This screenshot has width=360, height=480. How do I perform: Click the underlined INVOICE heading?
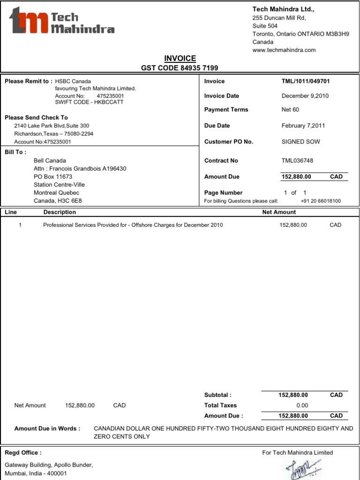[x=180, y=58]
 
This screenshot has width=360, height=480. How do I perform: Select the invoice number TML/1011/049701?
[x=306, y=81]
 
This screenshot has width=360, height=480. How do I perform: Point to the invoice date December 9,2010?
[x=305, y=96]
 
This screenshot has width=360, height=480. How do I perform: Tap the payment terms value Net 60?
[x=290, y=110]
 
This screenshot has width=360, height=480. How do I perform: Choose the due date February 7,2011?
[x=303, y=126]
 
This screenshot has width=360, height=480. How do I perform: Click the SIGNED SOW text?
[x=300, y=142]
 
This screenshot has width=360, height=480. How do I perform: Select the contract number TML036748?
[x=297, y=160]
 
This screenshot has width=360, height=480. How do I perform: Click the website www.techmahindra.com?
[x=284, y=50]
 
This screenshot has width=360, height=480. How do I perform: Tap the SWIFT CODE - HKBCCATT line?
[x=89, y=102]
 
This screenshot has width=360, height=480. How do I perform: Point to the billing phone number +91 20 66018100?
[x=321, y=201]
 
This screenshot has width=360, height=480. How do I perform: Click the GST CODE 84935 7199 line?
[x=180, y=68]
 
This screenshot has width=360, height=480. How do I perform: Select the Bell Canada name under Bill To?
[x=50, y=160]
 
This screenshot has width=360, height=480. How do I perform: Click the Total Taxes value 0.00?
[x=302, y=405]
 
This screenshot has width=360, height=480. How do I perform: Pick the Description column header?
[x=60, y=212]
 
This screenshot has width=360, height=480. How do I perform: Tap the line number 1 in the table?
[x=20, y=225]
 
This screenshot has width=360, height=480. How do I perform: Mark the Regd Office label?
[x=23, y=452]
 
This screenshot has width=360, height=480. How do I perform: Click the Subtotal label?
[x=217, y=395]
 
